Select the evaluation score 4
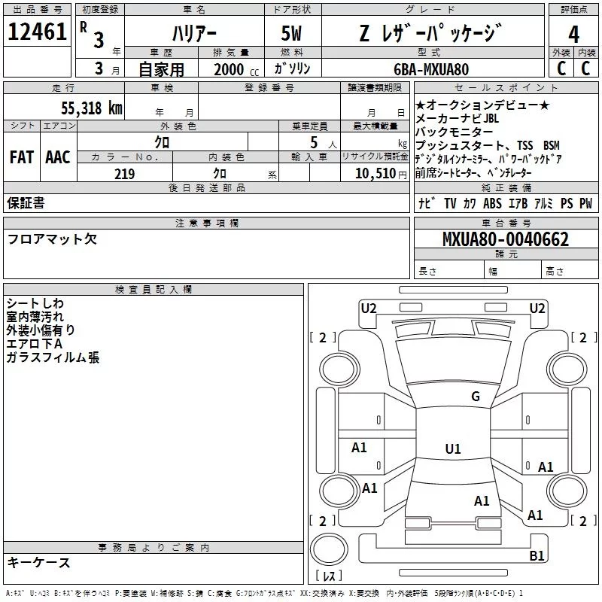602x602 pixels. coord(573,35)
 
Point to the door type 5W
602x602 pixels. coord(293,34)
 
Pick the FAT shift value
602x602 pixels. coord(21,157)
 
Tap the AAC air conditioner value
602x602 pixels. coord(57,157)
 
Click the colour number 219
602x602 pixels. coord(124,174)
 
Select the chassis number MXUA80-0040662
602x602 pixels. coord(506,240)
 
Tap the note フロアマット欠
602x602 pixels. coord(52,239)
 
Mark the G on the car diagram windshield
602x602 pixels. coord(475,397)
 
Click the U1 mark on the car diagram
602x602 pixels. coord(452,449)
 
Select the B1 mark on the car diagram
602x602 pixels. coord(537,556)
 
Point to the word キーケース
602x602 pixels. coord(38,562)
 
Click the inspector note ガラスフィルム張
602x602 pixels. coord(53,357)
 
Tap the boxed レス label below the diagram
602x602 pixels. coord(329,576)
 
